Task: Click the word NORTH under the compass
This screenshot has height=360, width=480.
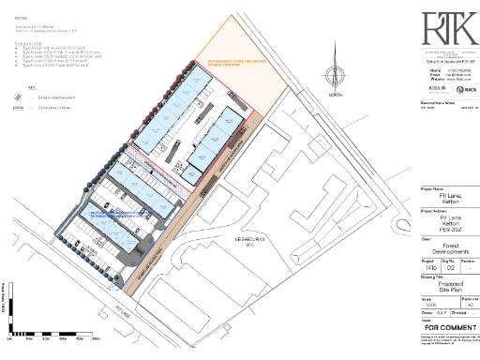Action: [x=324, y=94]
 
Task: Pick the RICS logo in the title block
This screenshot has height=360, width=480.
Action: [x=460, y=87]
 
